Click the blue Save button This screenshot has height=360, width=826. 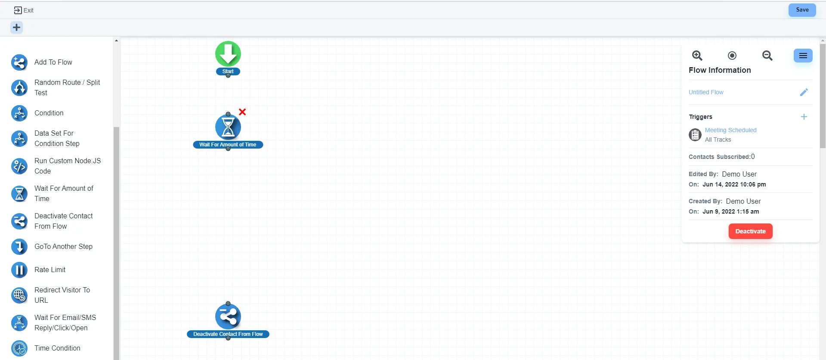click(x=802, y=10)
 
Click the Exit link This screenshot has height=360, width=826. click(x=24, y=10)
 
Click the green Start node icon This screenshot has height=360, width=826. click(x=228, y=54)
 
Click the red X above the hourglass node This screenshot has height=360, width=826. click(x=242, y=112)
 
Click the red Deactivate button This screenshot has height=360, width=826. click(x=750, y=231)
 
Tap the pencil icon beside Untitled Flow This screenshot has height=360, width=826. click(x=804, y=92)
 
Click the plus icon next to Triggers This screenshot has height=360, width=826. click(x=804, y=117)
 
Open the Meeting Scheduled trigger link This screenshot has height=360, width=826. click(x=730, y=130)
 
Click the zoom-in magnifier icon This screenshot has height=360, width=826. click(x=697, y=56)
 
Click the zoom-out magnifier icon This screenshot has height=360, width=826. click(x=767, y=56)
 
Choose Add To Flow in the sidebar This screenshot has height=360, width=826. click(x=53, y=62)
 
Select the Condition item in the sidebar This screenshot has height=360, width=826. click(x=49, y=113)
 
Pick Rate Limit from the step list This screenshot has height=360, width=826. click(x=50, y=270)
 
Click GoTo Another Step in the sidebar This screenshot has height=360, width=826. click(x=63, y=247)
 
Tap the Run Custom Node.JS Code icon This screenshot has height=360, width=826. click(x=19, y=166)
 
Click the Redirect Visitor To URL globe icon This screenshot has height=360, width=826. click(x=19, y=295)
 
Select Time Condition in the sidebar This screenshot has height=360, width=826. click(x=57, y=348)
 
